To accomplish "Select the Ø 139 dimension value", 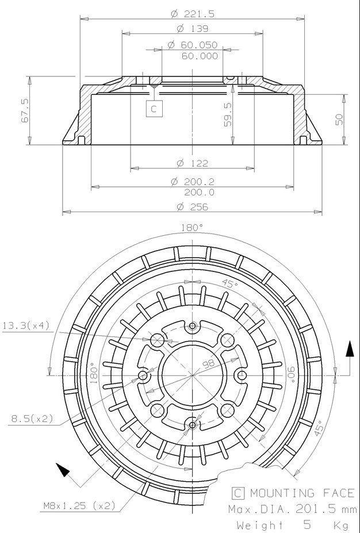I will tap(192, 28).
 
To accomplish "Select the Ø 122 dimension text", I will tap(192, 163).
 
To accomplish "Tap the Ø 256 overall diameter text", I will tap(192, 206).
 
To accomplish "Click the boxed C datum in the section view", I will tap(154, 108).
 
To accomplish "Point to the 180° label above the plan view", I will tap(192, 228).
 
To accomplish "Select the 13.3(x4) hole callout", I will tap(26, 326).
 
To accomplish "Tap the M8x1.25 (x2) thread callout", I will tap(79, 506).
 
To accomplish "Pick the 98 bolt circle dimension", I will tap(207, 363).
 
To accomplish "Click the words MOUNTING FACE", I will tap(302, 493).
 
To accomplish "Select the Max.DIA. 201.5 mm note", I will tap(292, 509).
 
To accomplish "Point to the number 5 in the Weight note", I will tap(307, 525).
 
